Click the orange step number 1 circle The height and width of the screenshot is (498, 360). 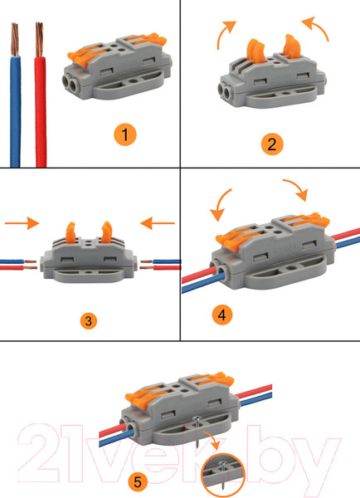125,134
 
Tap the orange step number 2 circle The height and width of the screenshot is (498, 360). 272,144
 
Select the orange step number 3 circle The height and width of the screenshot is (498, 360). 89,320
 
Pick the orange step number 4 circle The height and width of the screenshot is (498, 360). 222,315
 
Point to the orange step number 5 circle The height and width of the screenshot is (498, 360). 138,481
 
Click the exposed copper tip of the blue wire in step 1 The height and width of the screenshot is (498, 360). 15,39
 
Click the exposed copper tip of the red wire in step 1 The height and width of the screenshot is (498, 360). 39,39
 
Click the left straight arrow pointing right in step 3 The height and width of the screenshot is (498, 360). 22,223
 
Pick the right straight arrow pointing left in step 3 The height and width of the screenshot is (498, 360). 158,223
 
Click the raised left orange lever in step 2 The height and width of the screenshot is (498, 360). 255,51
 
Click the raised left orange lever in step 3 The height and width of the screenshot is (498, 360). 71,232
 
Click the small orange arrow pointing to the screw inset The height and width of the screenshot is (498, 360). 212,439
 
